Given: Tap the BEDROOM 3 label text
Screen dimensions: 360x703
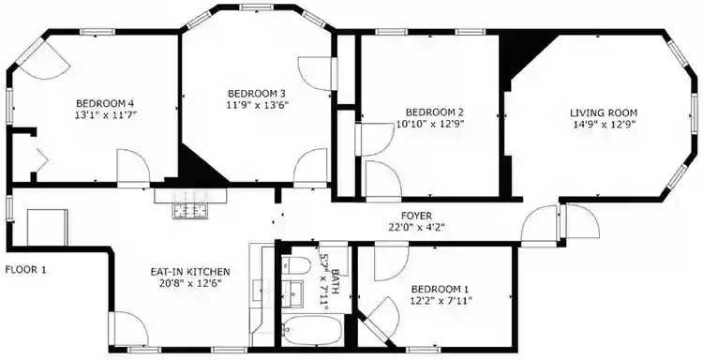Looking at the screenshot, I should [x=257, y=93].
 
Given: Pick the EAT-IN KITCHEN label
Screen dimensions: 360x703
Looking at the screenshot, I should [x=190, y=272].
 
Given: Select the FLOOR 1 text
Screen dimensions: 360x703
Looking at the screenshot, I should [x=25, y=269].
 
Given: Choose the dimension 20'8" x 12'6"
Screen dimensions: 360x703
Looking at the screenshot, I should [x=190, y=284].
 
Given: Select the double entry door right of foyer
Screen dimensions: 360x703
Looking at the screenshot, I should [x=561, y=226].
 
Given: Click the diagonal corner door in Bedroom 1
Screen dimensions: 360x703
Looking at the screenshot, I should [x=377, y=319].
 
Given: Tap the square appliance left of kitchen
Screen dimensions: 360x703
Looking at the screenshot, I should [x=47, y=226].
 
